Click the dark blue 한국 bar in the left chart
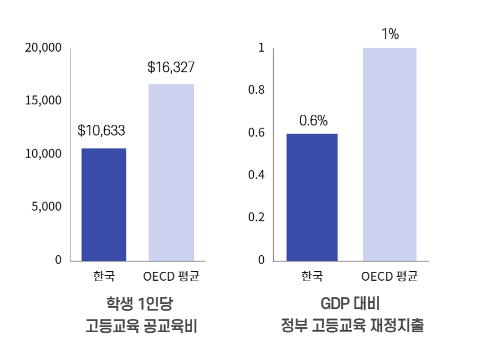(x=104, y=204)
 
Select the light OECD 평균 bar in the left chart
(x=171, y=173)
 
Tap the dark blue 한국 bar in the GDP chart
(x=312, y=197)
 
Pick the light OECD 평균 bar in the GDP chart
(x=390, y=154)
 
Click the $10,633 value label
(x=101, y=131)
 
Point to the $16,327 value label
(x=171, y=68)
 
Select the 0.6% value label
(x=313, y=120)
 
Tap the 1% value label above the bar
(x=390, y=34)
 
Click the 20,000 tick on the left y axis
(x=43, y=48)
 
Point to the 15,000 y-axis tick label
(x=43, y=101)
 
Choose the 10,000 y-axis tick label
(x=43, y=154)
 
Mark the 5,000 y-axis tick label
(x=47, y=207)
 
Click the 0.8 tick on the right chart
(x=257, y=90)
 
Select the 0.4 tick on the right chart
(x=257, y=175)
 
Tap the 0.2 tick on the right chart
(x=257, y=217)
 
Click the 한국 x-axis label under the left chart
(x=104, y=276)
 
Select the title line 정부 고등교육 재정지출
(x=352, y=326)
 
